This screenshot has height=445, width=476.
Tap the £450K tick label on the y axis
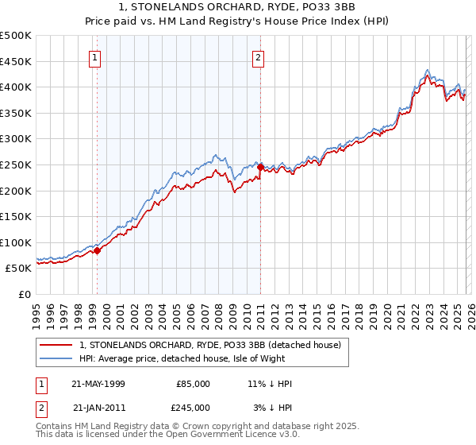16,61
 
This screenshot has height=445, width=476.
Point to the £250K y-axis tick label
16,164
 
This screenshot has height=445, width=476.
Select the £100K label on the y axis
16,242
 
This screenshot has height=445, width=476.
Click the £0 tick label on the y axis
25,294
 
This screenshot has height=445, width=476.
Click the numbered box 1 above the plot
95,57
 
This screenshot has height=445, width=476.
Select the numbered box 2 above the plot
259,57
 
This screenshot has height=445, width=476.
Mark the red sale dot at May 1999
98,250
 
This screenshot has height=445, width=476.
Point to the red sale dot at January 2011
261,167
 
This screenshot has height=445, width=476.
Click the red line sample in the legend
56,345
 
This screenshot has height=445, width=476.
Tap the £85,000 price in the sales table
192,384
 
